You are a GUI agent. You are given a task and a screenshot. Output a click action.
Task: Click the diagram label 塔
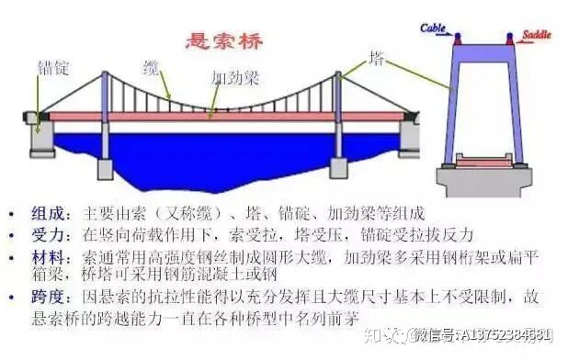click(x=376, y=58)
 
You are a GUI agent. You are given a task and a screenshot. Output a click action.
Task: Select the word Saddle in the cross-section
click(x=537, y=34)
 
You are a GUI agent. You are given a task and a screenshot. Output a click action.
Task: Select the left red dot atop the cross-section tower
click(x=458, y=39)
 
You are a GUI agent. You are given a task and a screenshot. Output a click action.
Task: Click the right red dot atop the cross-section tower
click(x=510, y=39)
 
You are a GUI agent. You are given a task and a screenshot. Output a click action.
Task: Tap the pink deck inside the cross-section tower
click(x=483, y=162)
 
